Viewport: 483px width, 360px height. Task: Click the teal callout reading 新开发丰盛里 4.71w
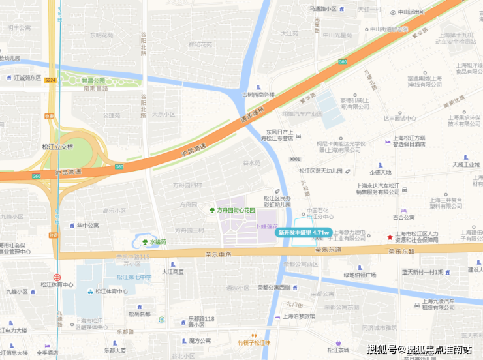coord(303,232)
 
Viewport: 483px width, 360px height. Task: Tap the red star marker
coord(390,237)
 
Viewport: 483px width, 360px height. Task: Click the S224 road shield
coord(50,80)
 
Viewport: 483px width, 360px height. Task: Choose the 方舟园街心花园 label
coord(234,210)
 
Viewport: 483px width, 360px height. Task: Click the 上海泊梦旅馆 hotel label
coord(299,316)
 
